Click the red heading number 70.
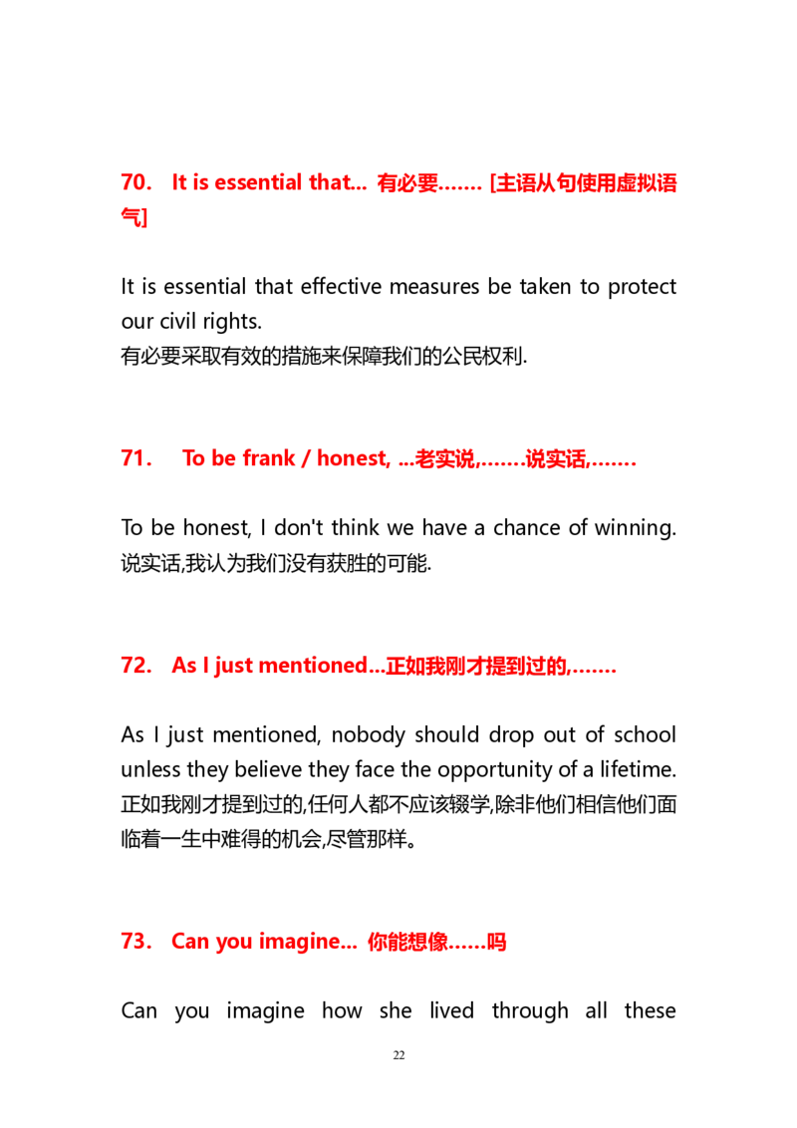[136, 182]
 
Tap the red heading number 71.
[136, 458]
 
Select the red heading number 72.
[136, 666]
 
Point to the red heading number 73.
[136, 941]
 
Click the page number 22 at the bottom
[399, 1055]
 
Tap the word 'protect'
[642, 288]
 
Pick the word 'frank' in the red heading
[268, 458]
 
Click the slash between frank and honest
[306, 458]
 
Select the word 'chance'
[527, 528]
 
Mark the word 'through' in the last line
[530, 1011]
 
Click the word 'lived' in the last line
[451, 1010]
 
